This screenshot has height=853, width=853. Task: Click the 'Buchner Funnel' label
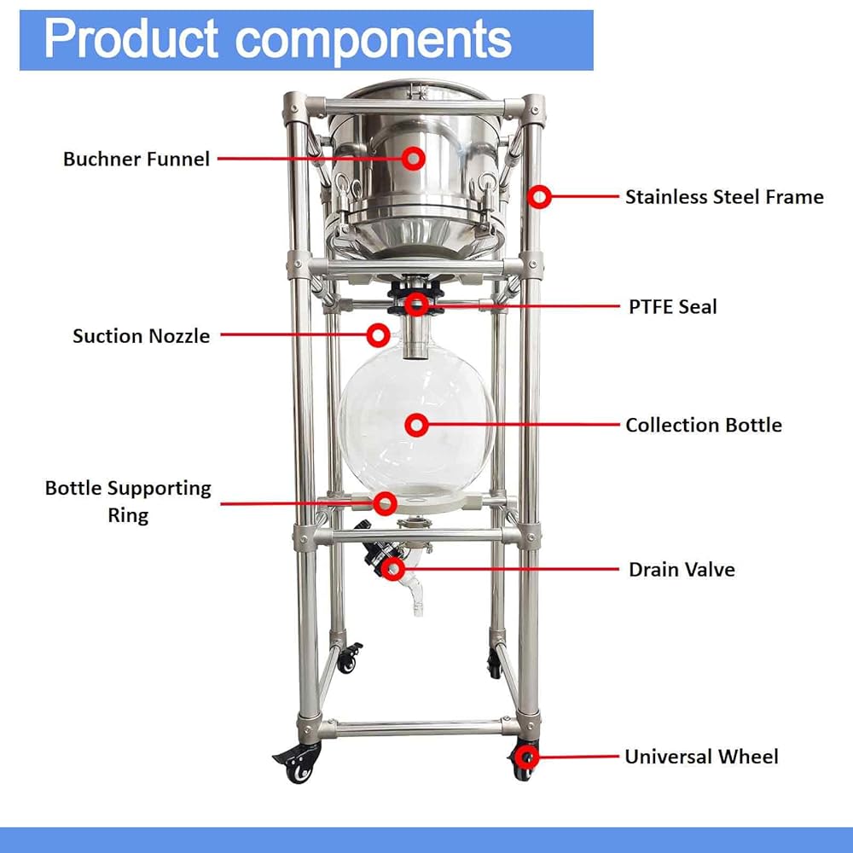136,159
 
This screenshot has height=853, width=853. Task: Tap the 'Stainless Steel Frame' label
724,197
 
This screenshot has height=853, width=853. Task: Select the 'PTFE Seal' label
672,307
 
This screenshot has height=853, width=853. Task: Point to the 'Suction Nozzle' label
141,335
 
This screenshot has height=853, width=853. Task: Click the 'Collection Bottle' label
704,425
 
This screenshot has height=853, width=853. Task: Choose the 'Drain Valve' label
682,570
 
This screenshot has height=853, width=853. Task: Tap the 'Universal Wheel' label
701,757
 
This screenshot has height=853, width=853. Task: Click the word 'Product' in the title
131,39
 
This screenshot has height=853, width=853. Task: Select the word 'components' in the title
374,41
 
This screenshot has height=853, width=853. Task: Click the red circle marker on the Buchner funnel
414,159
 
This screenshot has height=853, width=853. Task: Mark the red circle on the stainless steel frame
539,197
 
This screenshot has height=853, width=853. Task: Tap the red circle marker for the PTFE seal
417,305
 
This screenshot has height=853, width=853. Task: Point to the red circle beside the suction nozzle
378,335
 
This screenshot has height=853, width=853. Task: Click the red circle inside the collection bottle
417,425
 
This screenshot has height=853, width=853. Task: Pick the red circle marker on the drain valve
392,569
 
